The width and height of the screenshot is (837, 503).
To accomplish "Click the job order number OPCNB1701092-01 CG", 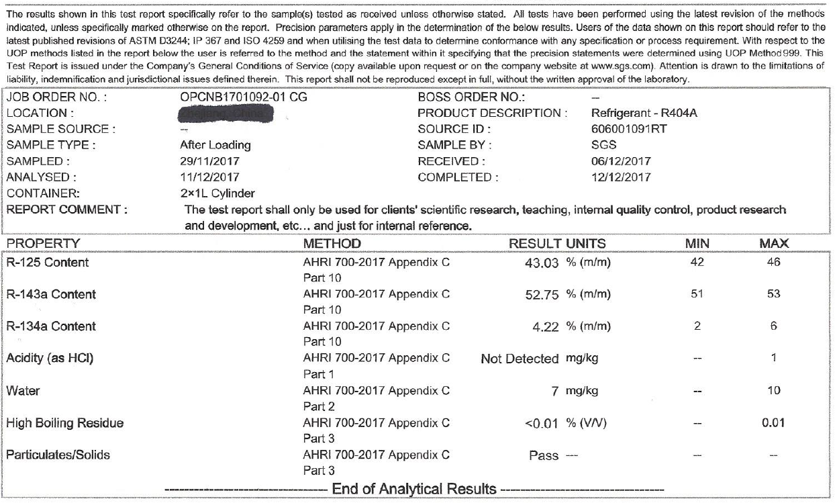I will tap(244, 97).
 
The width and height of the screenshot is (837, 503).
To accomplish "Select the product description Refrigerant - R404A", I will tap(644, 113).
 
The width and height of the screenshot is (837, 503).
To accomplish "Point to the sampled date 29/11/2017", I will tap(209, 161).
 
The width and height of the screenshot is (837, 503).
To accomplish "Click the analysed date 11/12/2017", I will tap(209, 177).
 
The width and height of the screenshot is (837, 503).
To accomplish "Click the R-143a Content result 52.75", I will tap(542, 295).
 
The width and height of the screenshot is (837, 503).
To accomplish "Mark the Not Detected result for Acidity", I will tap(520, 359).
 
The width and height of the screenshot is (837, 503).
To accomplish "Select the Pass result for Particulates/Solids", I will tap(544, 456).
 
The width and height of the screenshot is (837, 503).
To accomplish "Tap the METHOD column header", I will tap(332, 242).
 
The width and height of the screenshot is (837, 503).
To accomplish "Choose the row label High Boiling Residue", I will tap(65, 423).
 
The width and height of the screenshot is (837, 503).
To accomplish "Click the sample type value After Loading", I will tap(215, 145).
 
